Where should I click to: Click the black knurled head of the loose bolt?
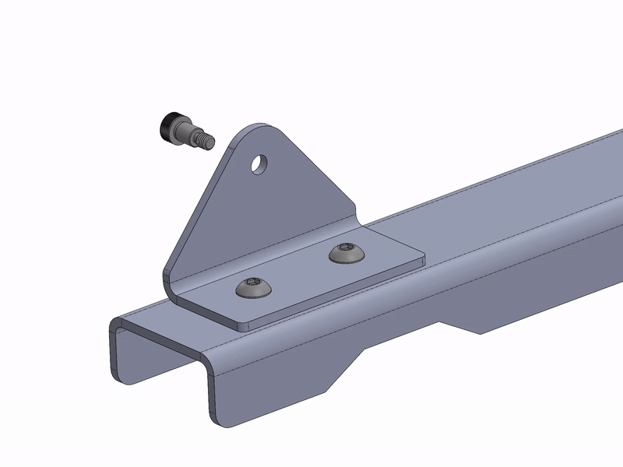pyautogui.click(x=170, y=126)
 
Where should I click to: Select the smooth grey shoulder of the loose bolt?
pyautogui.click(x=192, y=135)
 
